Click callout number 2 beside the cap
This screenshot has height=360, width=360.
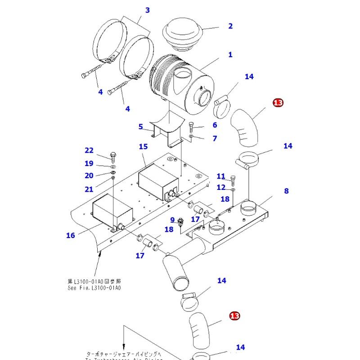point(230,26)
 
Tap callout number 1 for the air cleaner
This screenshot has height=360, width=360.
point(230,55)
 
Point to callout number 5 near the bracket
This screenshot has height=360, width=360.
point(140,127)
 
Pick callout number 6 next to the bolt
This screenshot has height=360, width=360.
point(215,125)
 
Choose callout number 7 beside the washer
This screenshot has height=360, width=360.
point(215,138)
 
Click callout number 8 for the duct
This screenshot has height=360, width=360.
point(286,191)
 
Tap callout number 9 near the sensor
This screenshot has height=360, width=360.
point(172,220)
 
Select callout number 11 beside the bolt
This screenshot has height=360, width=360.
point(220,176)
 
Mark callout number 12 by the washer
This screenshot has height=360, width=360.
point(220,187)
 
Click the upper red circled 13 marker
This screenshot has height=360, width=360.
point(278,103)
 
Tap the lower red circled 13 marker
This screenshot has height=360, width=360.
point(234,316)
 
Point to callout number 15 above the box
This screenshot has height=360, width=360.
point(143,147)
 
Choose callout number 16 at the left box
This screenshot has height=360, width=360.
point(71,235)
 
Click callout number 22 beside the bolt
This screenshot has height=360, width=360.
point(89,150)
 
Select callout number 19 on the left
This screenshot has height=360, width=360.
point(89,163)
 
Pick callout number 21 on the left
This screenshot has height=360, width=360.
point(89,189)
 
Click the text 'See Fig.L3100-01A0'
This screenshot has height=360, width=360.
point(94,288)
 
